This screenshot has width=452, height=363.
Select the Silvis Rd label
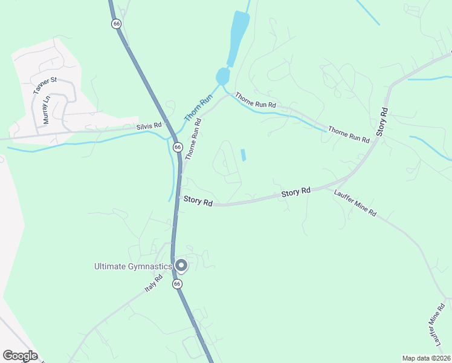tap(149, 126)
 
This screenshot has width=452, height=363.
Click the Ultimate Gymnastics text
tap(132, 266)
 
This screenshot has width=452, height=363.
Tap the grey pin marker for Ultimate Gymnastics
tap(181, 265)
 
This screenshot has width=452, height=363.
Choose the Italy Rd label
tap(153, 284)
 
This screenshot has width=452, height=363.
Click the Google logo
tap(20, 356)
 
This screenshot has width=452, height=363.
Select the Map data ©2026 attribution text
tap(425, 358)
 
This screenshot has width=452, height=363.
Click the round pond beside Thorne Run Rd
tap(222, 77)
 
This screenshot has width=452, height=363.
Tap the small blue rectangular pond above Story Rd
tap(244, 155)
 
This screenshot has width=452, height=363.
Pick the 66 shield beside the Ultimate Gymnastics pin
tap(177, 283)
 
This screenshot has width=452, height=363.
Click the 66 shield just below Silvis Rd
tap(177, 147)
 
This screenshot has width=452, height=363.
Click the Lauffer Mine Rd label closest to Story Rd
tap(355, 203)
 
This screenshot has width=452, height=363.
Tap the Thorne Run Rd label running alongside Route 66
tap(193, 139)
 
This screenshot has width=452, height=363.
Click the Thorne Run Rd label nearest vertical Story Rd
tap(349, 134)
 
